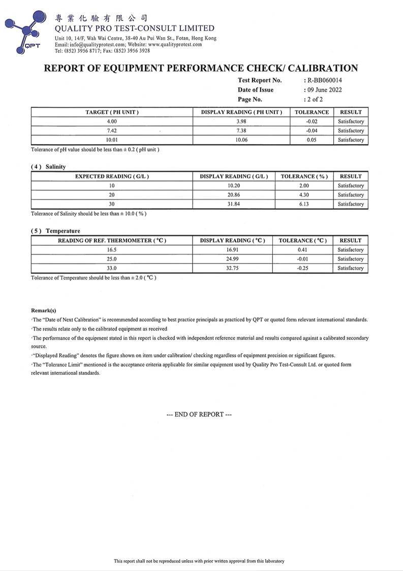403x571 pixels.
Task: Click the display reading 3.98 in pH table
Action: [x=241, y=122]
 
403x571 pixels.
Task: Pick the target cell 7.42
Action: [x=112, y=131]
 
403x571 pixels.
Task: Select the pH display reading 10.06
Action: [x=241, y=140]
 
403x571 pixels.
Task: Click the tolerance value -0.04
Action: [x=312, y=131]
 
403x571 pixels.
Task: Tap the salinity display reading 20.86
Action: [x=233, y=195]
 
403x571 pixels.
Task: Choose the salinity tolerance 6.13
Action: [x=304, y=204]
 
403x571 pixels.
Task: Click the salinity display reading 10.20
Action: [x=233, y=186]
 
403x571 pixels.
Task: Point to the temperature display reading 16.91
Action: [x=233, y=250]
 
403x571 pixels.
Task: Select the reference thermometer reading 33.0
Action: [x=112, y=268]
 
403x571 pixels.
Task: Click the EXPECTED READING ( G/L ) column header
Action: [x=112, y=177]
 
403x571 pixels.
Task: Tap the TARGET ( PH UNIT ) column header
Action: [x=112, y=112]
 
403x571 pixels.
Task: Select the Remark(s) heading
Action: [x=44, y=310]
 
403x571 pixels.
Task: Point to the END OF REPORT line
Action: [x=199, y=414]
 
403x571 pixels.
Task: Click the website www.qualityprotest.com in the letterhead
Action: [x=175, y=44]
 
